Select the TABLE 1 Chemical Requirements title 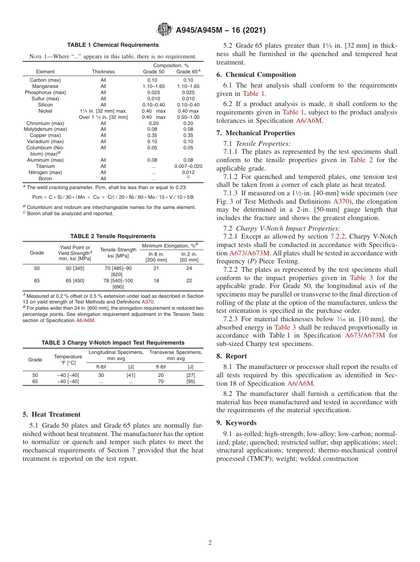pyautogui.click(x=113, y=45)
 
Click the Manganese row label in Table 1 pyautogui.click(x=45, y=86)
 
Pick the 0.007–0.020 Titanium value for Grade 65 pyautogui.click(x=188, y=166)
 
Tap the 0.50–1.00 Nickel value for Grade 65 pyautogui.click(x=188, y=117)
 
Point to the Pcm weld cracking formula pyautogui.click(x=113, y=197)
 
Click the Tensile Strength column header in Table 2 pyautogui.click(x=118, y=253)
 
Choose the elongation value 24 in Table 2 pyautogui.click(x=189, y=268)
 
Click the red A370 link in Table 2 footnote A pyautogui.click(x=148, y=302)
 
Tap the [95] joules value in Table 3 pyautogui.click(x=191, y=381)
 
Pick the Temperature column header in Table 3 pyautogui.click(x=68, y=360)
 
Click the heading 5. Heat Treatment pyautogui.click(x=51, y=414)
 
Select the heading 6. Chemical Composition pyautogui.click(x=256, y=75)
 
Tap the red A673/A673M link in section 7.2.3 pyautogui.click(x=364, y=335)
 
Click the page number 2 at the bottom pyautogui.click(x=210, y=543)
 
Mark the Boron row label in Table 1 pyautogui.click(x=45, y=178)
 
